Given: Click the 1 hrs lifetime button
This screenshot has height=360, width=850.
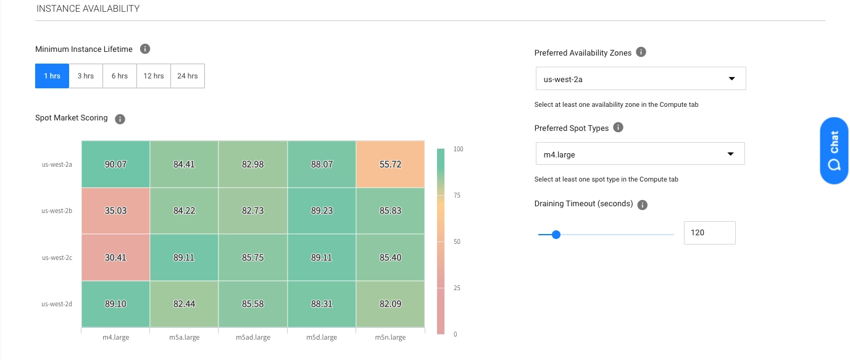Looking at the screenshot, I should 52,76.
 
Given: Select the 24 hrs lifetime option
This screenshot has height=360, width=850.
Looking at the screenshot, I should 188,76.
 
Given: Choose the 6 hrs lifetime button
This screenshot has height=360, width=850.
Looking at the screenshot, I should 120,76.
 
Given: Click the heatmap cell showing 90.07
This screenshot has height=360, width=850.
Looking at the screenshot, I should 115,164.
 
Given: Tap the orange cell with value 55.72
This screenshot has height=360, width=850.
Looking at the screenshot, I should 390,164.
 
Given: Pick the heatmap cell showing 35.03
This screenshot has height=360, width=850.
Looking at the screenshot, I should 115,211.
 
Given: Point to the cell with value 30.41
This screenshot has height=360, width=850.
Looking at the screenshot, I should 115,257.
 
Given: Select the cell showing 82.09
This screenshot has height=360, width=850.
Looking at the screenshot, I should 390,304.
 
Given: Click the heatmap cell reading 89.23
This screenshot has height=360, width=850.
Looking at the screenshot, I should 322,211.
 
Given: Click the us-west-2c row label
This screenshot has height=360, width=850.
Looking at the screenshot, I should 57,257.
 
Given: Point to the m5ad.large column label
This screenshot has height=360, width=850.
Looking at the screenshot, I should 253,338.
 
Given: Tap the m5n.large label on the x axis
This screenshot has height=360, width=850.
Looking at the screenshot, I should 390,338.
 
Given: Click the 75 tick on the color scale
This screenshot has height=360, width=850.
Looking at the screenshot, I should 457,195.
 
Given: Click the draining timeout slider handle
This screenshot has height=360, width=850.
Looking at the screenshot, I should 556,235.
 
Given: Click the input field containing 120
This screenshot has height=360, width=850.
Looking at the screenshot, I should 709,233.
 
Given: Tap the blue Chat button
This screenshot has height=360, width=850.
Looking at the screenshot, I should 834,150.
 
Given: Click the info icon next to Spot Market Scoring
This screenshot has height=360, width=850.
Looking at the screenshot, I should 120,119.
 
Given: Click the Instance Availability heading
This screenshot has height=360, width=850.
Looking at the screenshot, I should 88,9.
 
